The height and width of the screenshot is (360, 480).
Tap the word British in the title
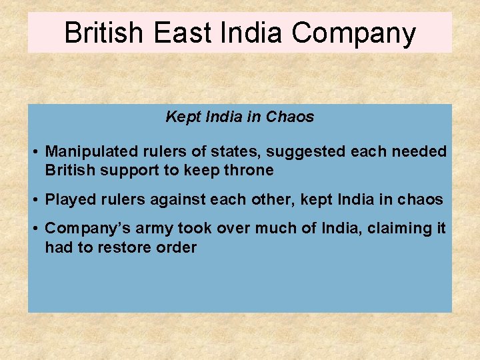coord(104,33)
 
